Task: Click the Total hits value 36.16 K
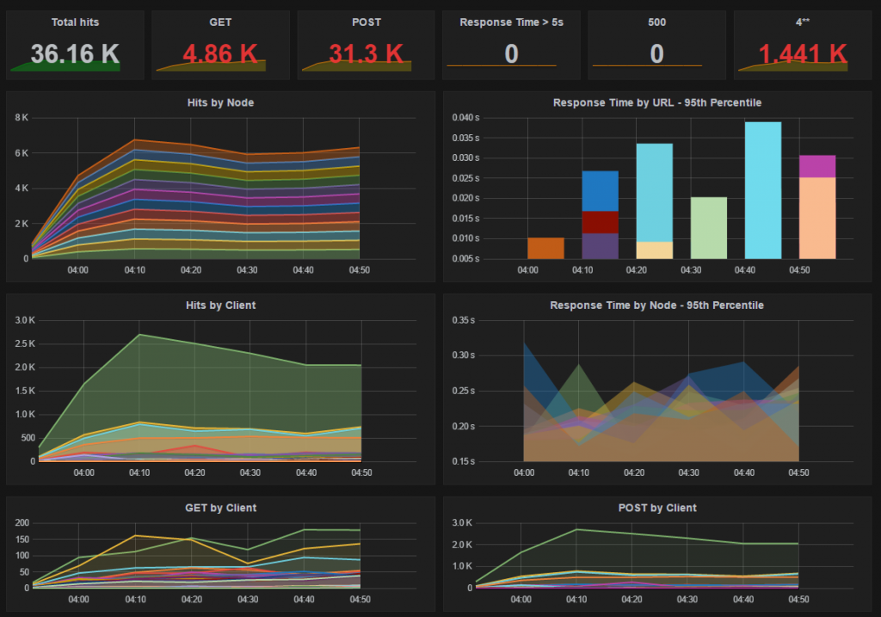75,54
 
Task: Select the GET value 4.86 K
220,54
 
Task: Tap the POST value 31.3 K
366,54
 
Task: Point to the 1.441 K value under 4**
803,54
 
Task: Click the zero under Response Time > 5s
511,54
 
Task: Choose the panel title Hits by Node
220,103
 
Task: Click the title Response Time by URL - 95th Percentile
657,103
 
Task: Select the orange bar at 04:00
545,249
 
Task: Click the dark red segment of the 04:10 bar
600,223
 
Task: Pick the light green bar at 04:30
709,228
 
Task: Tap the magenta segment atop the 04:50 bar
817,166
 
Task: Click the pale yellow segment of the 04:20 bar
655,250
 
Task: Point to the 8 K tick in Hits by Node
22,117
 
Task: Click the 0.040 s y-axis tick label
465,117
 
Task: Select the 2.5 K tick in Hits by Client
25,343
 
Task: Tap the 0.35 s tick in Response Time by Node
464,320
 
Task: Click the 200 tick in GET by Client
22,522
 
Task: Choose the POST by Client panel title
657,508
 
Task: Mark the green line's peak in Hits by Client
139,335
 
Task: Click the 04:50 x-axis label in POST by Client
798,600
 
